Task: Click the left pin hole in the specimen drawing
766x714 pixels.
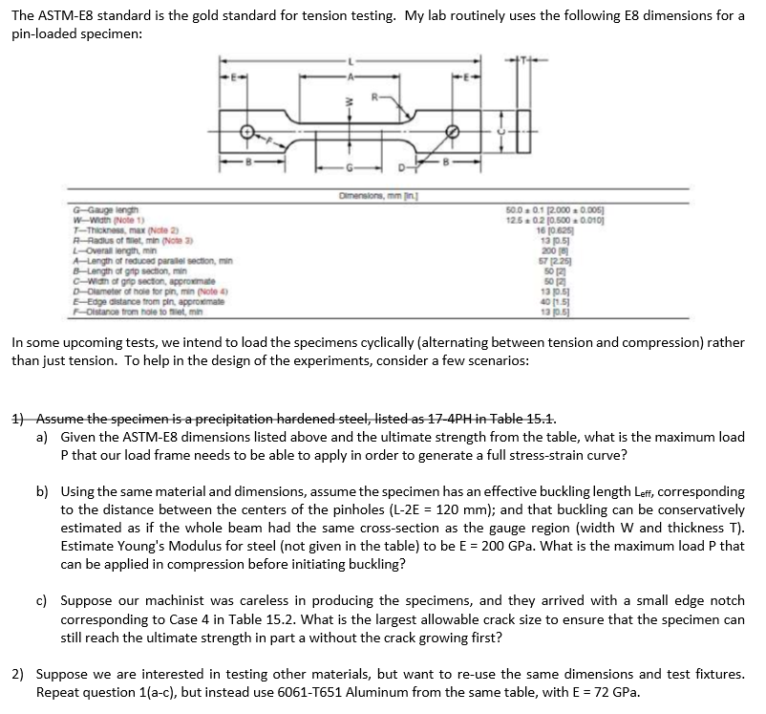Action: point(247,131)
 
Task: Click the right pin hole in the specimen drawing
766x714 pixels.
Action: point(453,131)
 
